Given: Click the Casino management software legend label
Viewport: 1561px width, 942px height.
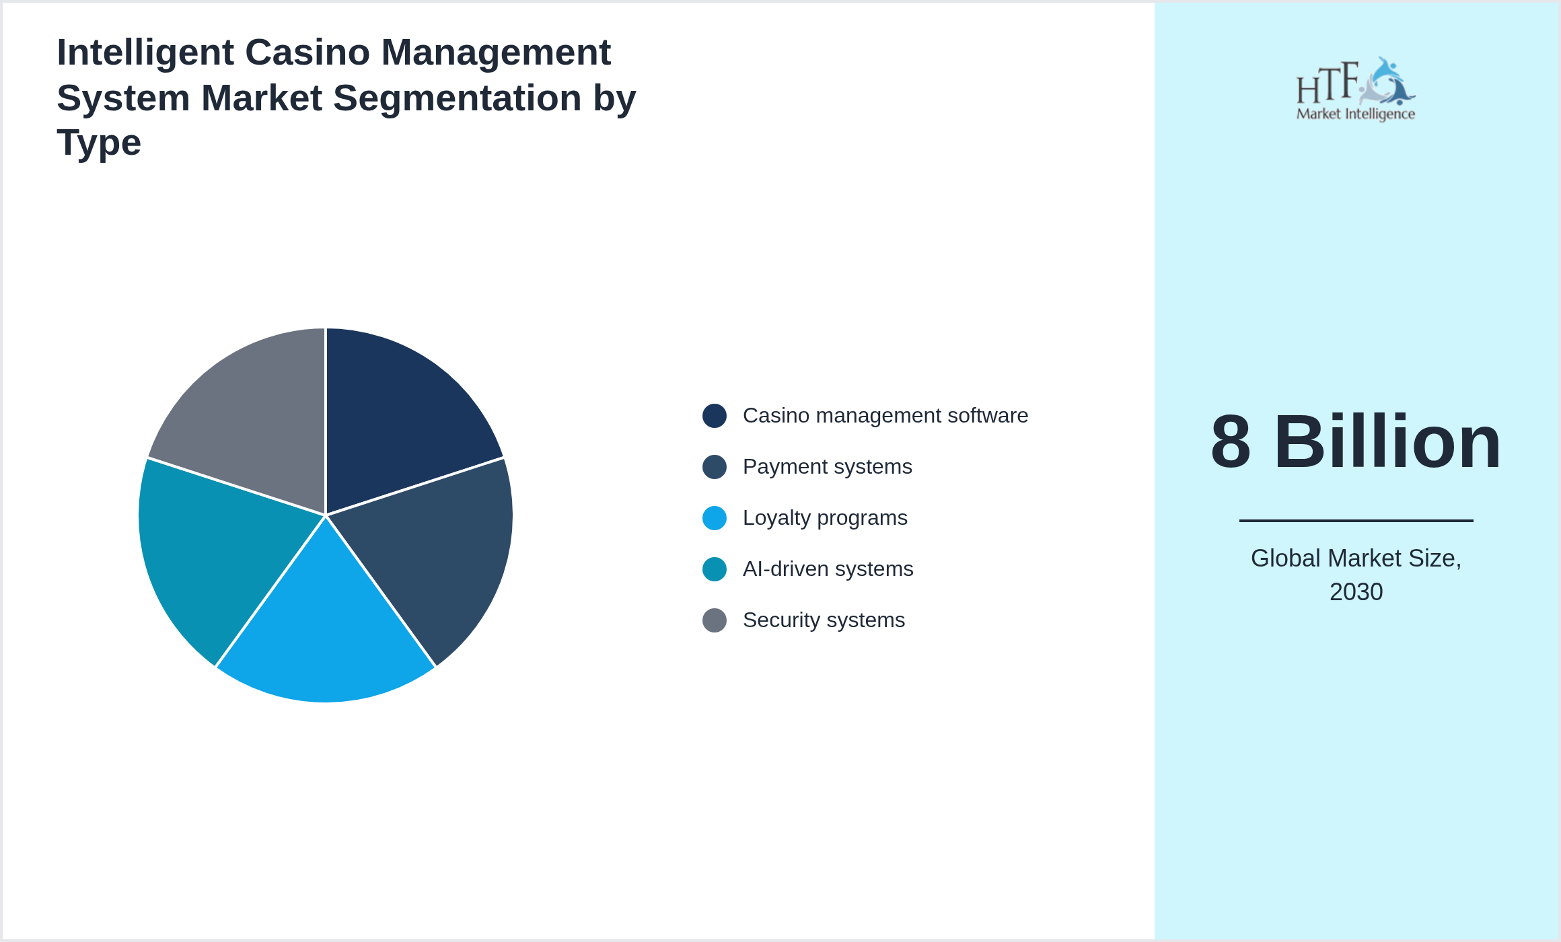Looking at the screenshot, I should (885, 416).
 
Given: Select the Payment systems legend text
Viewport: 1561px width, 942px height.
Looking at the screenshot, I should (827, 467).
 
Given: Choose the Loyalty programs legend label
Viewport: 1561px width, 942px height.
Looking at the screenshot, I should (825, 518).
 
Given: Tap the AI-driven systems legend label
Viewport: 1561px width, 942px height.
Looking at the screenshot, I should (828, 569).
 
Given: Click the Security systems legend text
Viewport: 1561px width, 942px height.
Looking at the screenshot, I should (824, 620).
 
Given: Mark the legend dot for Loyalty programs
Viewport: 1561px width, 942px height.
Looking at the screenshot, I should (715, 518).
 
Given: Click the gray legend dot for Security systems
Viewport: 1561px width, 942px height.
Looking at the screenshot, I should (715, 620).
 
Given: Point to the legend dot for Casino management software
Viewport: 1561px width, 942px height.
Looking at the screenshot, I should (715, 416).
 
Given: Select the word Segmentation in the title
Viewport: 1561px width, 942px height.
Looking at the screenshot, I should (458, 98).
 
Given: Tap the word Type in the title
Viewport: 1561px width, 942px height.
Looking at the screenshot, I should (99, 143).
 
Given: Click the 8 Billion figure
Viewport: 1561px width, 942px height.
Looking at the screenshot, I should (1356, 442).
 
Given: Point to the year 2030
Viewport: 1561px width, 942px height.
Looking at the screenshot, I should (1356, 592).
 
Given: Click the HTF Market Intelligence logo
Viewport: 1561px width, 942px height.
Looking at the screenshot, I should (1356, 89).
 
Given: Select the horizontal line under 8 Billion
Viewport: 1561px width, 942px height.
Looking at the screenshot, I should (1356, 520).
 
